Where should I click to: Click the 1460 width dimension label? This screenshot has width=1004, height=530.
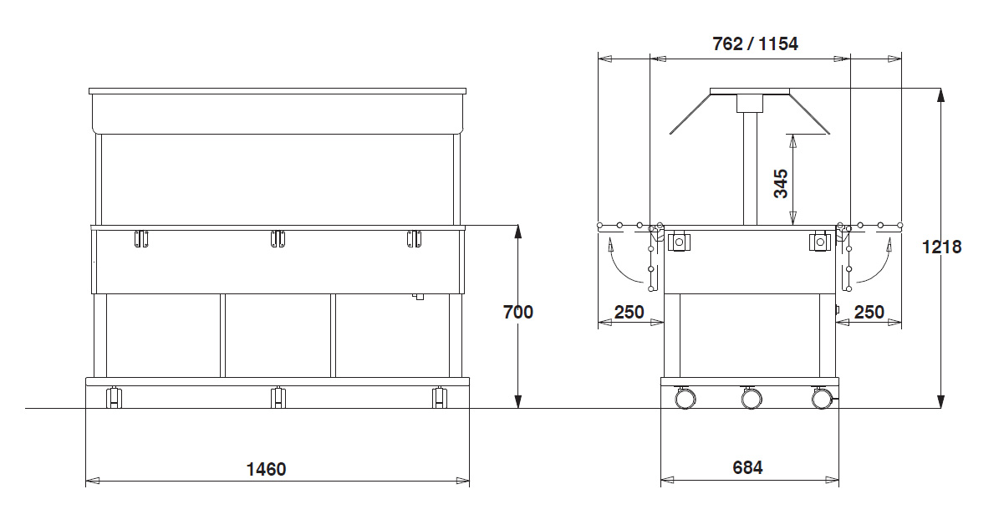[x=266, y=470]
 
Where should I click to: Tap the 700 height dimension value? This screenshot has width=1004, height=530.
[x=518, y=312]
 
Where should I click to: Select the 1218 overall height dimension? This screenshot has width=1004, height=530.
[x=941, y=247]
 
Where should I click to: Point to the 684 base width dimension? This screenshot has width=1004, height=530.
[x=747, y=467]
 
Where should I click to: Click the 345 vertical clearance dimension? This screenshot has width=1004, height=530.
[x=781, y=183]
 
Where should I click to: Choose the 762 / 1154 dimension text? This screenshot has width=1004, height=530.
[x=755, y=44]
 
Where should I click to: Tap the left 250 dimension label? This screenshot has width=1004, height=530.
[x=629, y=312]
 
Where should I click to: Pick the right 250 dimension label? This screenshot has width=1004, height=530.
[x=869, y=312]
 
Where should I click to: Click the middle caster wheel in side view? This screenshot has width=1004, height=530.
[x=752, y=398]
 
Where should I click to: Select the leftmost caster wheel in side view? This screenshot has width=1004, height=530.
[x=685, y=398]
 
